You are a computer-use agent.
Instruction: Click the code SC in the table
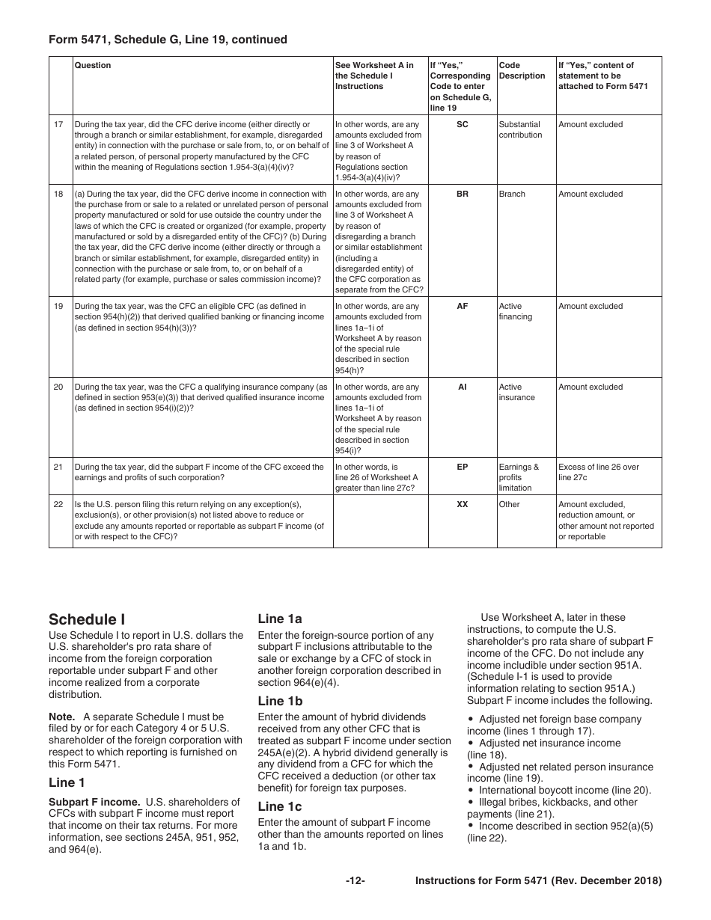pos(462,124)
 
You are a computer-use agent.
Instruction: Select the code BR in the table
pos(462,194)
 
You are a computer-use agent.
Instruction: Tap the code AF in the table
pos(462,306)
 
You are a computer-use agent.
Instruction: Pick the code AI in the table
pos(462,387)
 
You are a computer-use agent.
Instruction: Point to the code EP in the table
pos(462,467)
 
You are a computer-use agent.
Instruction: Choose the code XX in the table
pos(462,504)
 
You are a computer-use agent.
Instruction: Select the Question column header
pos(92,65)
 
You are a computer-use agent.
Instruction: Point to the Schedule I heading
pos(87,619)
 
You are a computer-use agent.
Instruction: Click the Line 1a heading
pos(280,619)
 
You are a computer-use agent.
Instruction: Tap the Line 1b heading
pos(280,701)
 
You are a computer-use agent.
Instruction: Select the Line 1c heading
pos(280,806)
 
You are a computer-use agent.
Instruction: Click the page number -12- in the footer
pos(355,881)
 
